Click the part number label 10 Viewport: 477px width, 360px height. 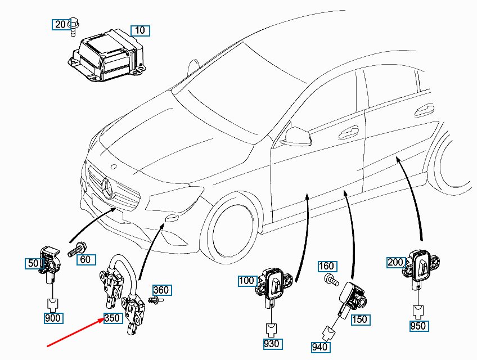coord(140,30)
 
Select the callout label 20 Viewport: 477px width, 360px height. coord(60,24)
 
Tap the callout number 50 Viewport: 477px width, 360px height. coord(33,263)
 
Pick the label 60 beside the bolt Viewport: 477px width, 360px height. coord(85,259)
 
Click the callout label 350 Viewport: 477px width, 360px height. coord(112,318)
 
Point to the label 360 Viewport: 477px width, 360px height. coord(161,290)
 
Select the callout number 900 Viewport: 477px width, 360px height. coord(53,318)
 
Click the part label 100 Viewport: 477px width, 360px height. coord(246,280)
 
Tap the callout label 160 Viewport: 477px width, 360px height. coord(327,266)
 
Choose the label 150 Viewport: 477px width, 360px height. coord(359,319)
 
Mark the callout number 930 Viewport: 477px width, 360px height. coord(272,343)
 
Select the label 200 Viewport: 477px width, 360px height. coord(395,262)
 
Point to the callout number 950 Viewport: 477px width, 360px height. coord(418,326)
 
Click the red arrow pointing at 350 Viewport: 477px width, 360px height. coord(73,332)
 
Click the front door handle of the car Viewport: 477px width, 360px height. coord(348,131)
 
